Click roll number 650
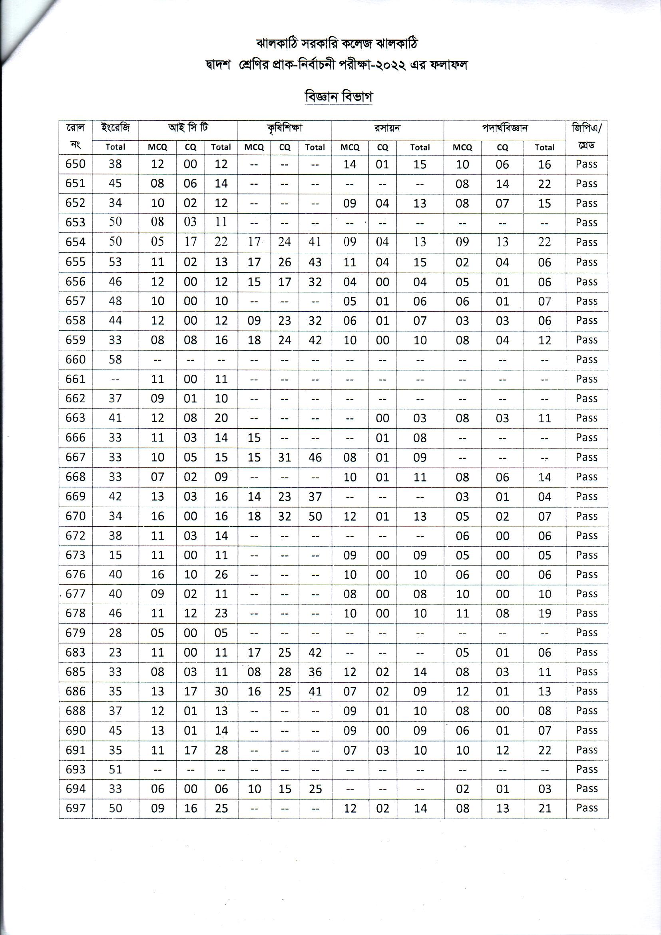point(75,164)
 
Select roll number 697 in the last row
point(75,808)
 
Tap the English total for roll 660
point(115,360)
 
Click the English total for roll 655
point(115,262)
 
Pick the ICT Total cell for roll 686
point(221,691)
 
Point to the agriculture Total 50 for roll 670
point(315,516)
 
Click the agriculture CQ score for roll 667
point(285,458)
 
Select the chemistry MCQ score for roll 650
point(350,164)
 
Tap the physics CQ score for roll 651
point(502,184)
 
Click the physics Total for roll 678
point(545,613)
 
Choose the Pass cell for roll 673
point(587,555)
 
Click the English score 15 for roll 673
point(115,555)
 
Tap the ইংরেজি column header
point(115,128)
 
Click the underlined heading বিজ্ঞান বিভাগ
point(338,97)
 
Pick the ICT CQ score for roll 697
point(190,808)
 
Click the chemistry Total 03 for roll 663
point(420,418)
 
